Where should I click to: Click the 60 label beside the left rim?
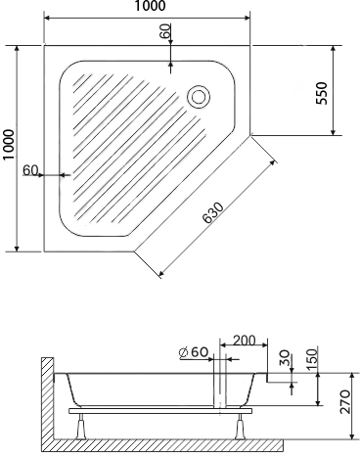[x=30, y=170]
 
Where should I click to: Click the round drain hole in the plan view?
[x=199, y=96]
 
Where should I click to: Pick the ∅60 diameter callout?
[x=194, y=352]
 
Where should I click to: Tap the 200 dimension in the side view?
[x=246, y=341]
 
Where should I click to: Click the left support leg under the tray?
[x=83, y=425]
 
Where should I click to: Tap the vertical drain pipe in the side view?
[x=223, y=391]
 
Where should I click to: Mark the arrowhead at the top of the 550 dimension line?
[x=334, y=47]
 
